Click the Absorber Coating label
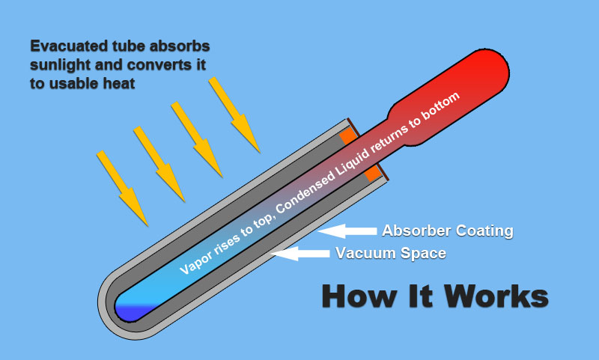tap(448, 231)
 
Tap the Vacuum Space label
tap(391, 253)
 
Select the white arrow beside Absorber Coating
tap(347, 231)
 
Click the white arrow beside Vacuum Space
tap(300, 254)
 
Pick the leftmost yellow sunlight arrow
tap(122, 188)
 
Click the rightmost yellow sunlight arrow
tap(234, 115)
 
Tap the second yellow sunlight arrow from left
tap(159, 164)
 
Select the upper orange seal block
tap(348, 136)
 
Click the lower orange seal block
tap(372, 174)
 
